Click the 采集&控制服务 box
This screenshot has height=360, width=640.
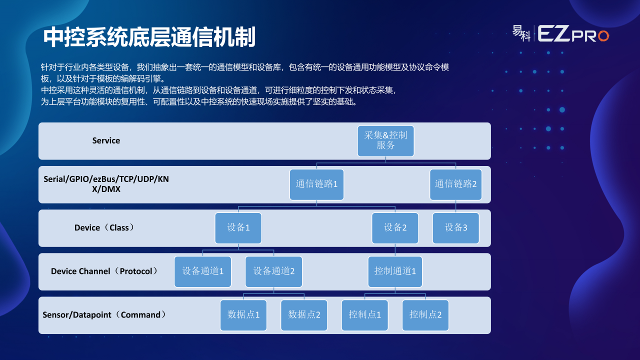[385, 141]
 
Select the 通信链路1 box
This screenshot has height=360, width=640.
[316, 184]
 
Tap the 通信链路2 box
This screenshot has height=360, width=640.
[455, 184]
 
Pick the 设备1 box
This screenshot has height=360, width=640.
[238, 228]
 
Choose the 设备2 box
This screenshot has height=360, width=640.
[395, 228]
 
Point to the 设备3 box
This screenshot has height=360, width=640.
[455, 228]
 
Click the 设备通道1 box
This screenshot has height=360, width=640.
[202, 271]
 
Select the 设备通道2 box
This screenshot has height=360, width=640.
[273, 271]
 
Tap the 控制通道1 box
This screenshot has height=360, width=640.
[395, 271]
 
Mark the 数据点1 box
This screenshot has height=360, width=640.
[243, 315]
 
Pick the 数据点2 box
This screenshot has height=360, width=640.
[304, 315]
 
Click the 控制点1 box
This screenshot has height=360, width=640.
[365, 315]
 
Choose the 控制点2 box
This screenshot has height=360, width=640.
[425, 315]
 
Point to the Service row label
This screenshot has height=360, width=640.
[106, 140]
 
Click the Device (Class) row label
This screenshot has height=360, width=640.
[104, 227]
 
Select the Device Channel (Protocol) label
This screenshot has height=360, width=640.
[104, 271]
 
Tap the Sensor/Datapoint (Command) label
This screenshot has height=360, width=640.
[104, 314]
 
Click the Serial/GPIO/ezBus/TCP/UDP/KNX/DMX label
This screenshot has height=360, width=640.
[106, 184]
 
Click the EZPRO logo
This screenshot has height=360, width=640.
[560, 34]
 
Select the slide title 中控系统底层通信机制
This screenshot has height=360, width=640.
[149, 37]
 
